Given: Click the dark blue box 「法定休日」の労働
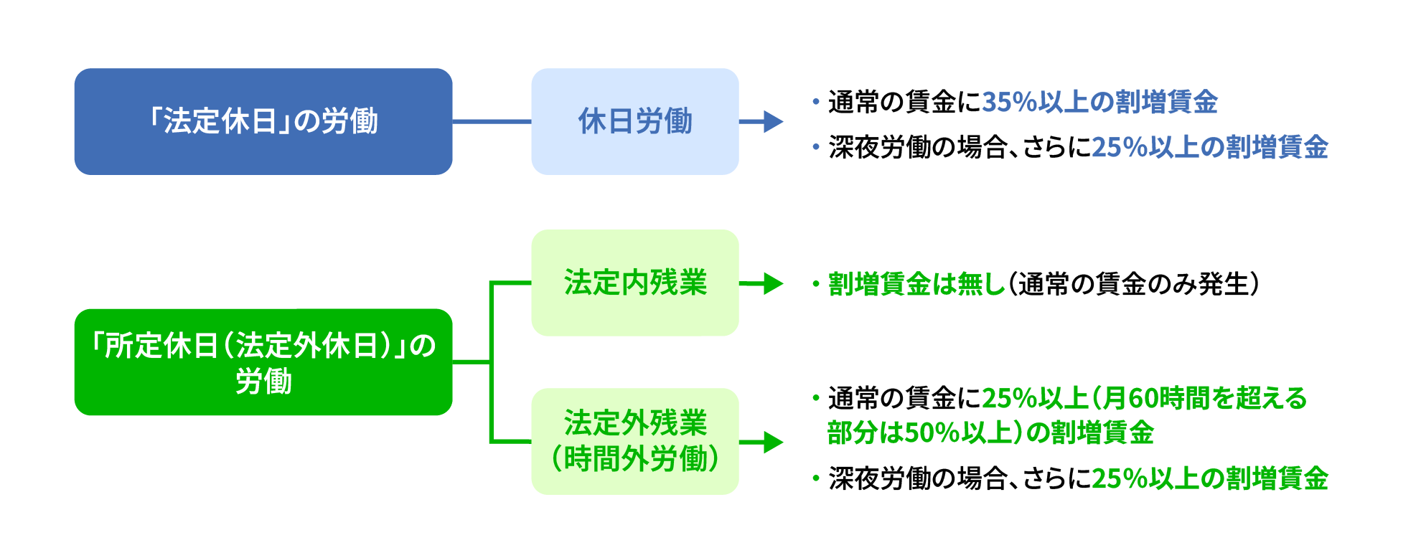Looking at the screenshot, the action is [263, 121].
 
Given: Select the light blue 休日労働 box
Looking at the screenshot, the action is [635, 121].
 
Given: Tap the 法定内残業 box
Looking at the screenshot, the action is [635, 283].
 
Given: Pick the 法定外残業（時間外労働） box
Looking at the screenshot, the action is [635, 441].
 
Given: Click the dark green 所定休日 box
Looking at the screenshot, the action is [263, 362].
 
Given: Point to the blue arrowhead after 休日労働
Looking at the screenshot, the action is [773, 121].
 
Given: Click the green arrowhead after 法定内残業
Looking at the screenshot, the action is [773, 283].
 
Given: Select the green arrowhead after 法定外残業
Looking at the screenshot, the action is [773, 442].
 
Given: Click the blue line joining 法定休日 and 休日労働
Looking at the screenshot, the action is [492, 121].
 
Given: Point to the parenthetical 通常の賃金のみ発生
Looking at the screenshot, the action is [1134, 284].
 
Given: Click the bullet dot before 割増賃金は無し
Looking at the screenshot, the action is [816, 284].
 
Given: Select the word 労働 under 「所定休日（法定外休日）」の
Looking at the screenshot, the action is [263, 381].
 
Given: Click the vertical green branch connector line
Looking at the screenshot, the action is [492, 362].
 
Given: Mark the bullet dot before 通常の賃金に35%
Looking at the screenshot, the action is [816, 102].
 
